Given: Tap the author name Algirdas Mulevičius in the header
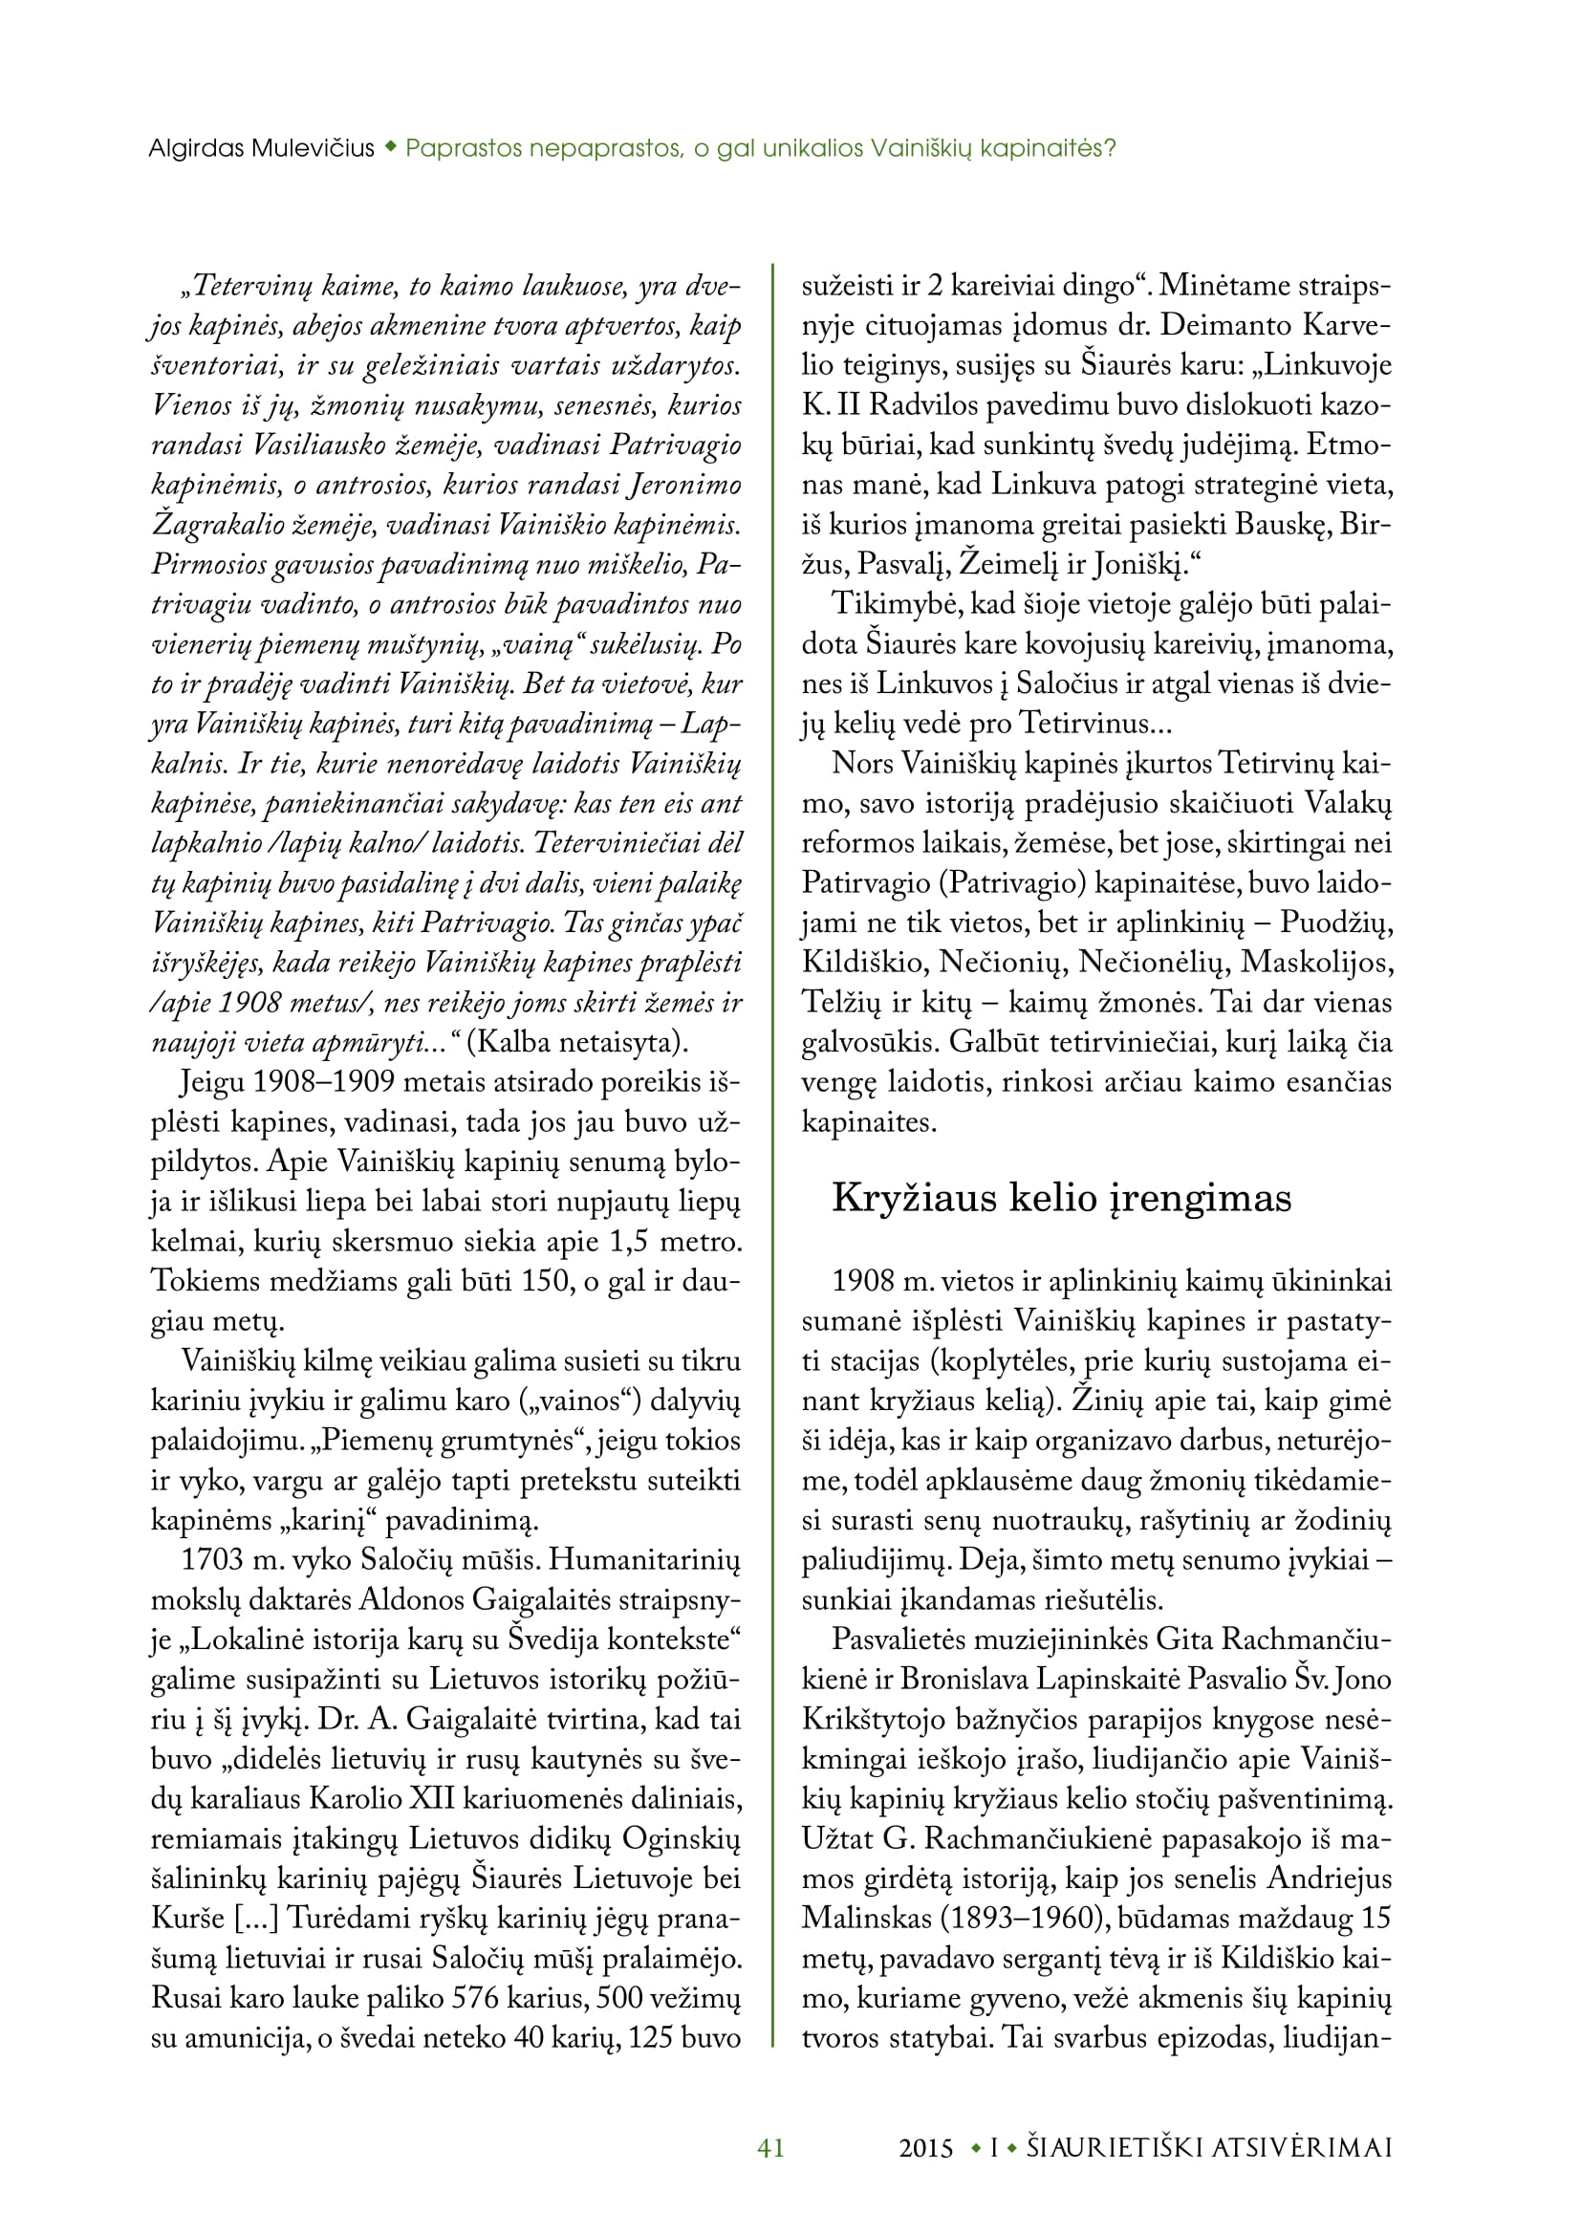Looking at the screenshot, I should click(x=261, y=148).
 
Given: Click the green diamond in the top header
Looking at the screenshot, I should click(x=390, y=148).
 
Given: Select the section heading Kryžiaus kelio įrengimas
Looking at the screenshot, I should click(x=1061, y=1198).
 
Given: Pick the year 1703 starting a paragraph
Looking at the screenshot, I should click(x=212, y=1559).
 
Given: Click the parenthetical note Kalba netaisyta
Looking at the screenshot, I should click(x=577, y=1042).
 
